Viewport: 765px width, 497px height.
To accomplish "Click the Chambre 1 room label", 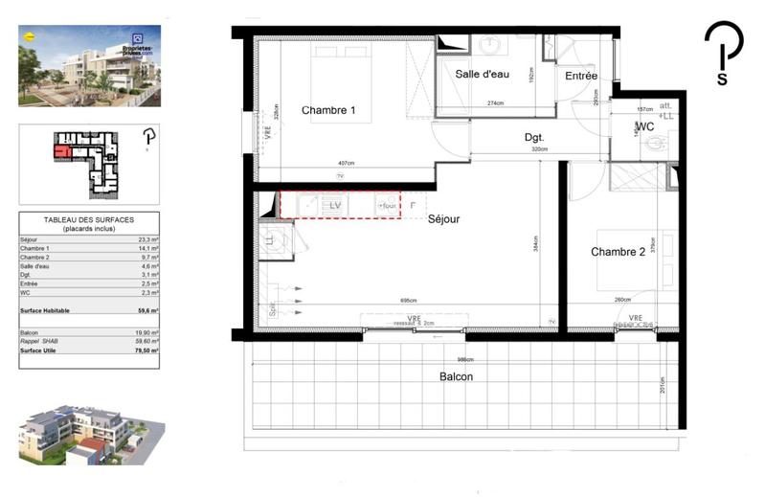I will click(x=328, y=111).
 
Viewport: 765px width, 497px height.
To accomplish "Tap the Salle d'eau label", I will click(x=483, y=75).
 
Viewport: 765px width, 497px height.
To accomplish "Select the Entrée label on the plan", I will click(x=580, y=76).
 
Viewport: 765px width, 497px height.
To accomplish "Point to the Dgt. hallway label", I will click(x=534, y=138).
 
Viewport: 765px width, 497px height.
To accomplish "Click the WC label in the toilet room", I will click(x=644, y=126).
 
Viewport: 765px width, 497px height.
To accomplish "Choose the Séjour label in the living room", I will click(x=444, y=219).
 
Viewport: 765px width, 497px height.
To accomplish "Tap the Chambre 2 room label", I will click(x=618, y=252).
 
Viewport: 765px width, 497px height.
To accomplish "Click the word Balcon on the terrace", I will click(x=456, y=376).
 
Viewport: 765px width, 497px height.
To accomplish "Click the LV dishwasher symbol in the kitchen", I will click(x=334, y=205).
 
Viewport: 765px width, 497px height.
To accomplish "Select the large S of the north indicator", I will click(x=721, y=79).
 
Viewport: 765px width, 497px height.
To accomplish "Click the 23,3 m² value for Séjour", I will click(x=147, y=239).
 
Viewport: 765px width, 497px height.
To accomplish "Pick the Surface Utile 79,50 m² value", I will click(x=146, y=350).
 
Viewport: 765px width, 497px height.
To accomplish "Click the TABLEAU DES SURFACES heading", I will click(x=89, y=220).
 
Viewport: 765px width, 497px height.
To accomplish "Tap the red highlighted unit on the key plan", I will click(x=63, y=150).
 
